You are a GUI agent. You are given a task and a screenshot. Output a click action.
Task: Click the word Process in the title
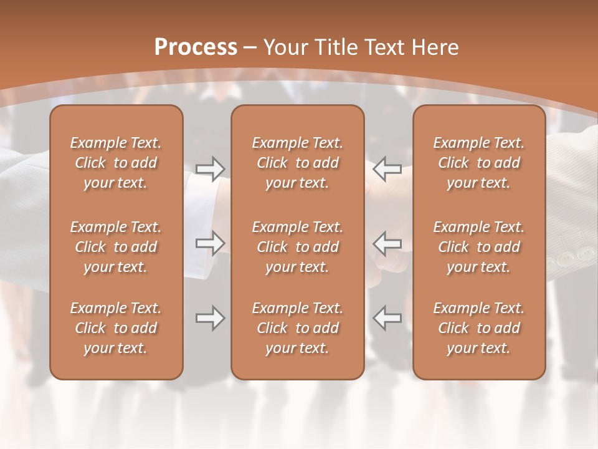coord(196,47)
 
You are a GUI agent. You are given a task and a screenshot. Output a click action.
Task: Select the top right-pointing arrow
coord(210,169)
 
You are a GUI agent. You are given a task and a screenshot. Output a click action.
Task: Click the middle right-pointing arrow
coord(210,243)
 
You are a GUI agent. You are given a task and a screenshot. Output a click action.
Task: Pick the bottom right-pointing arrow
coord(210,318)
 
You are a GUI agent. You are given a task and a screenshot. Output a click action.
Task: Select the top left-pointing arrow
coord(387,169)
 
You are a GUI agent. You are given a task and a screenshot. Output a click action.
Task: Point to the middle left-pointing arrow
coord(387,243)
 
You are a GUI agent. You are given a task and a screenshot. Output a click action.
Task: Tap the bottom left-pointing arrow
coord(387,318)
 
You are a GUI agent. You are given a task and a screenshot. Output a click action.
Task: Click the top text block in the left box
coord(116,163)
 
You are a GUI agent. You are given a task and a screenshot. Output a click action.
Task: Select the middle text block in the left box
coord(116,247)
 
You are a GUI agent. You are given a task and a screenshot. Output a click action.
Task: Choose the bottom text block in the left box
coord(116,328)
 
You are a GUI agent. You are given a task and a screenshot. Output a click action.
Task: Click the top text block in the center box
coord(297,163)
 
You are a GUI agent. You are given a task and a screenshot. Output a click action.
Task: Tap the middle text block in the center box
coord(297,247)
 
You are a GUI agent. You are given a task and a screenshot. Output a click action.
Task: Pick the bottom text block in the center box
coord(297,328)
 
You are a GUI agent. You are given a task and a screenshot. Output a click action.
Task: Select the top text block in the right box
coord(478,163)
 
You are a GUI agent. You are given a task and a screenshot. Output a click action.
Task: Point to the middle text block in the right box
coord(478,247)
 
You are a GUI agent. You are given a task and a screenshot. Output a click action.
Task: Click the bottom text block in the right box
coord(478,328)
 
